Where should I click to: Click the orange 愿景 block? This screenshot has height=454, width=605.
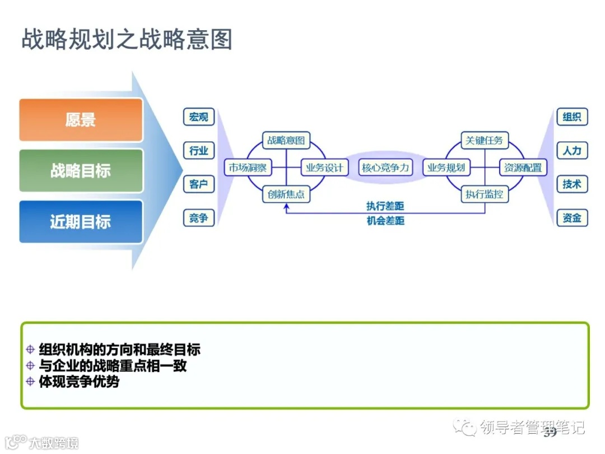click(81, 120)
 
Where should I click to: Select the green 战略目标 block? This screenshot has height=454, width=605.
click(81, 170)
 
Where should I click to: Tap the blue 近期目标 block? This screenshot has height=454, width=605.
click(81, 222)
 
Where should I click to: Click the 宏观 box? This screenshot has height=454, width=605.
click(199, 117)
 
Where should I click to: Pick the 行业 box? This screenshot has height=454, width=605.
click(199, 150)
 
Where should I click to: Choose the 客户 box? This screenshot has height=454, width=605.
click(199, 184)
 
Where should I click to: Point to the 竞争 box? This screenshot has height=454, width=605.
click(199, 218)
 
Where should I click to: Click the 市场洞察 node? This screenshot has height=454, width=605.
click(246, 168)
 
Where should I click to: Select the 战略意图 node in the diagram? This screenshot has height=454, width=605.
click(286, 140)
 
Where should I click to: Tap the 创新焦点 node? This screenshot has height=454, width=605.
click(286, 194)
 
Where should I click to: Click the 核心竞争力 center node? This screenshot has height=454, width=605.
click(385, 168)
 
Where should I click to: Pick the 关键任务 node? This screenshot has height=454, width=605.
click(485, 140)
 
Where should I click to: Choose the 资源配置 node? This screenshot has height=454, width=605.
click(523, 168)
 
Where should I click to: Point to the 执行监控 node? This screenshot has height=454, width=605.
click(485, 194)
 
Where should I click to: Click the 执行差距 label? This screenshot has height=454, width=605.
click(385, 206)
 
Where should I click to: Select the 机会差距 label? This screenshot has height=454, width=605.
click(385, 221)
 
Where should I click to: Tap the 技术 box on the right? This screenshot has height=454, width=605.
click(572, 184)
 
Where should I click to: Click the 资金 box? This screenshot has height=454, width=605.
click(572, 218)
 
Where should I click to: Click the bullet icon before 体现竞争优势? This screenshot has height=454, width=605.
click(31, 382)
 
